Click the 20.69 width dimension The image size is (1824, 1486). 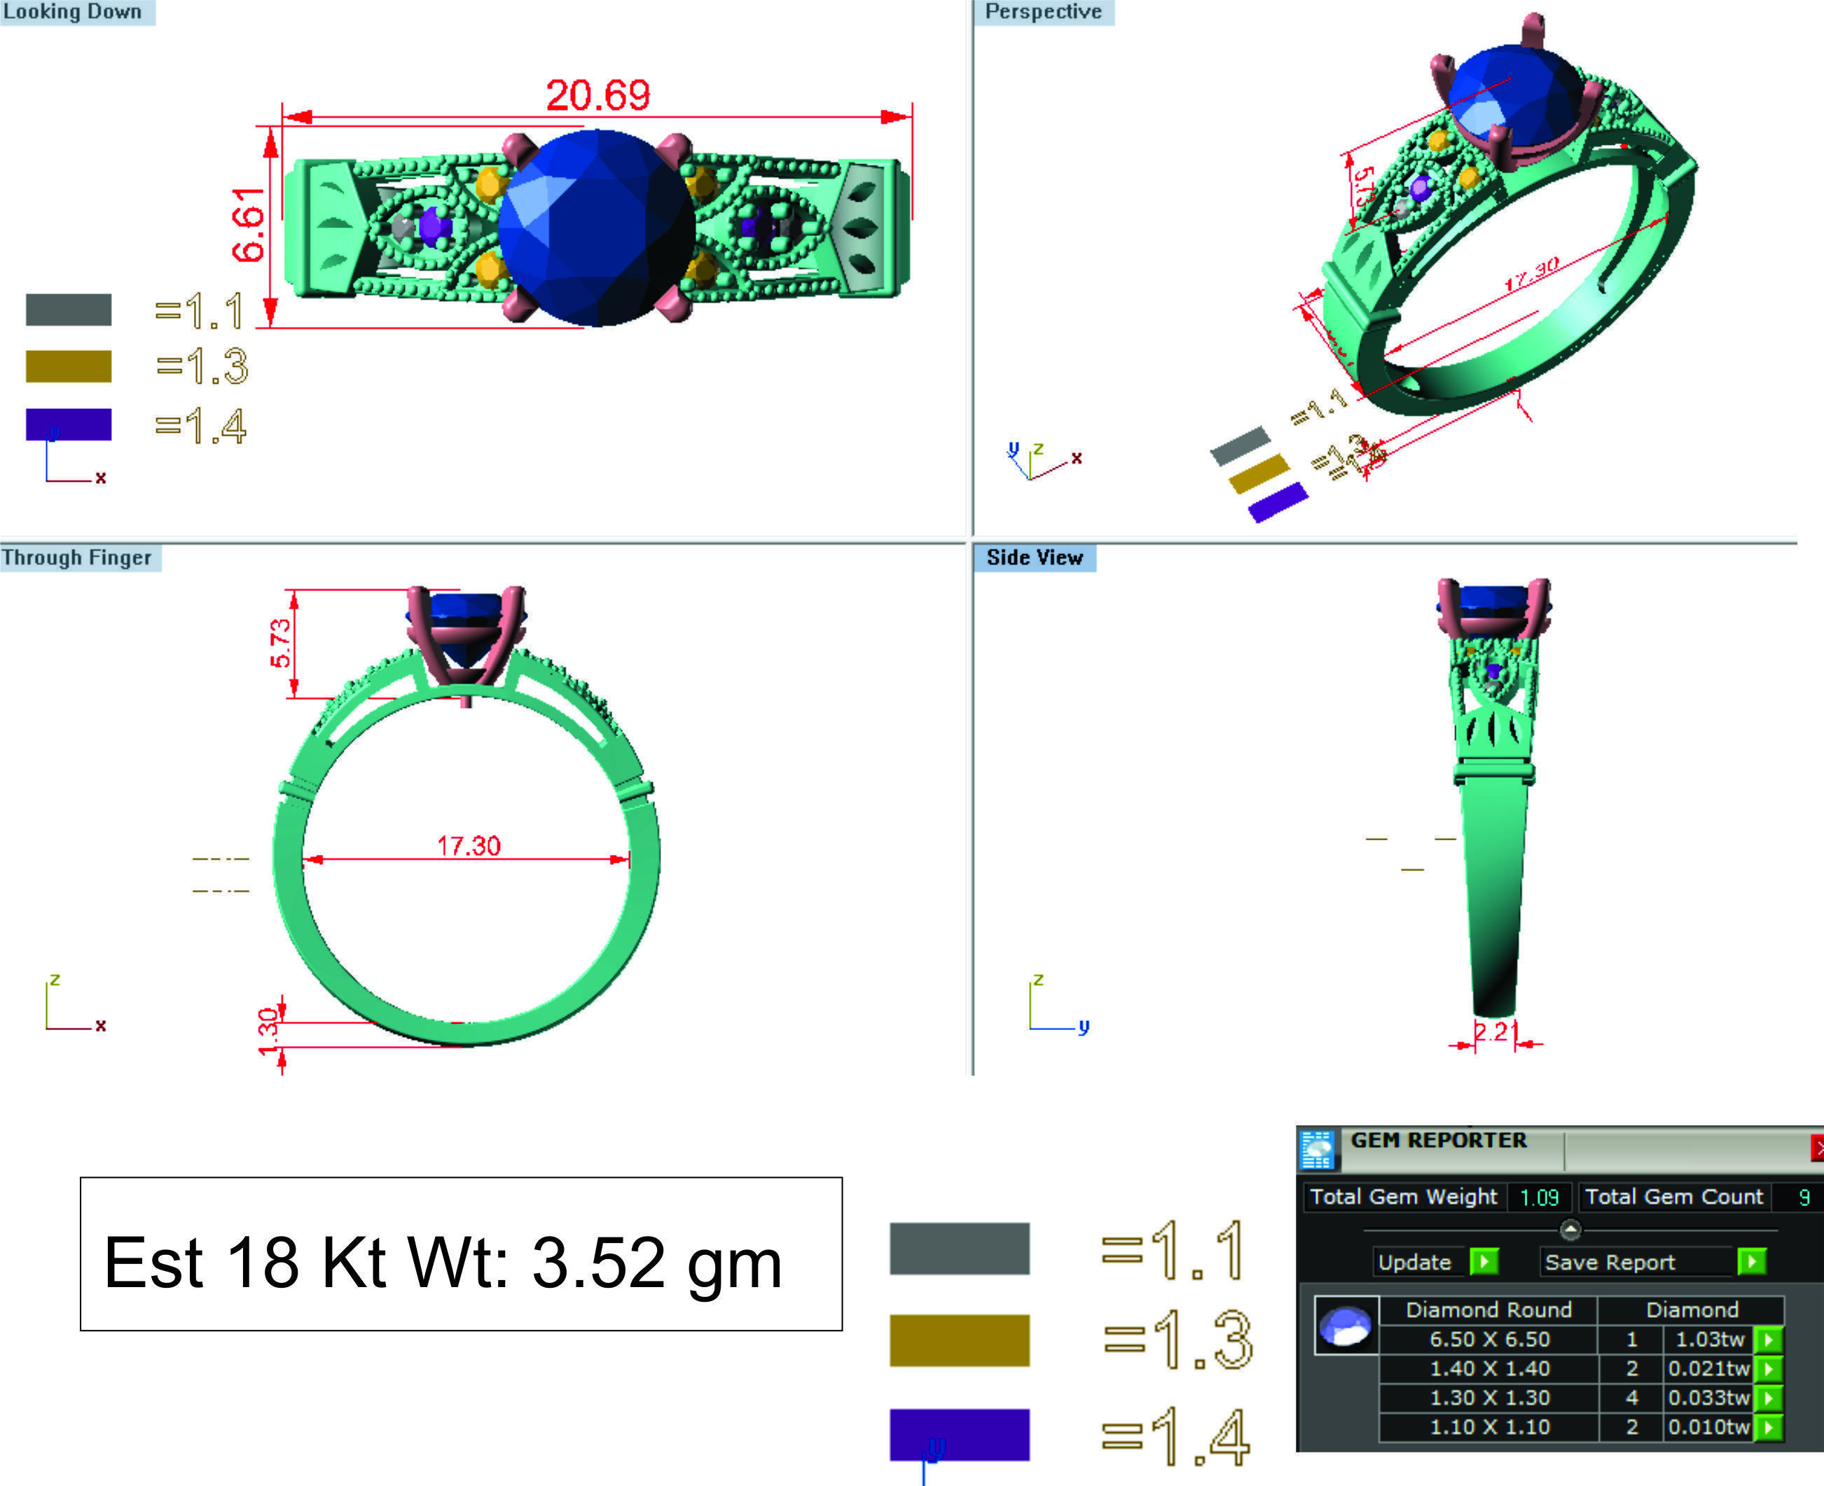click(597, 95)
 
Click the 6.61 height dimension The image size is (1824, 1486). click(249, 225)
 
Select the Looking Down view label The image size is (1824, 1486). click(74, 12)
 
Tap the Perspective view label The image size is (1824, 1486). click(1042, 12)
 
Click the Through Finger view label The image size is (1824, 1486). click(77, 557)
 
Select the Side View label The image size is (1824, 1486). click(1034, 557)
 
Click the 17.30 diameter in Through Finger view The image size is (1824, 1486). click(469, 846)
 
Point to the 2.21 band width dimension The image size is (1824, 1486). click(1495, 1032)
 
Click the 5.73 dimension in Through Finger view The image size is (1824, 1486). click(280, 643)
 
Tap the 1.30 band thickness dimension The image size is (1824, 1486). click(268, 1032)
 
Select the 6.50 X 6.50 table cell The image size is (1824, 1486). click(1489, 1340)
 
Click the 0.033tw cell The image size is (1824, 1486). click(1708, 1398)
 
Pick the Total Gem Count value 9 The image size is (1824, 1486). click(1804, 1197)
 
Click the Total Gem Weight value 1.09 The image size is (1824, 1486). click(1538, 1197)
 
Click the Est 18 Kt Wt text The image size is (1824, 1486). click(443, 1263)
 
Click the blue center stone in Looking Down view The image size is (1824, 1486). click(596, 228)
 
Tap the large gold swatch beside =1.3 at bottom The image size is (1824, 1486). click(959, 1340)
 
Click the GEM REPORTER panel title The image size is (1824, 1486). click(1438, 1140)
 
